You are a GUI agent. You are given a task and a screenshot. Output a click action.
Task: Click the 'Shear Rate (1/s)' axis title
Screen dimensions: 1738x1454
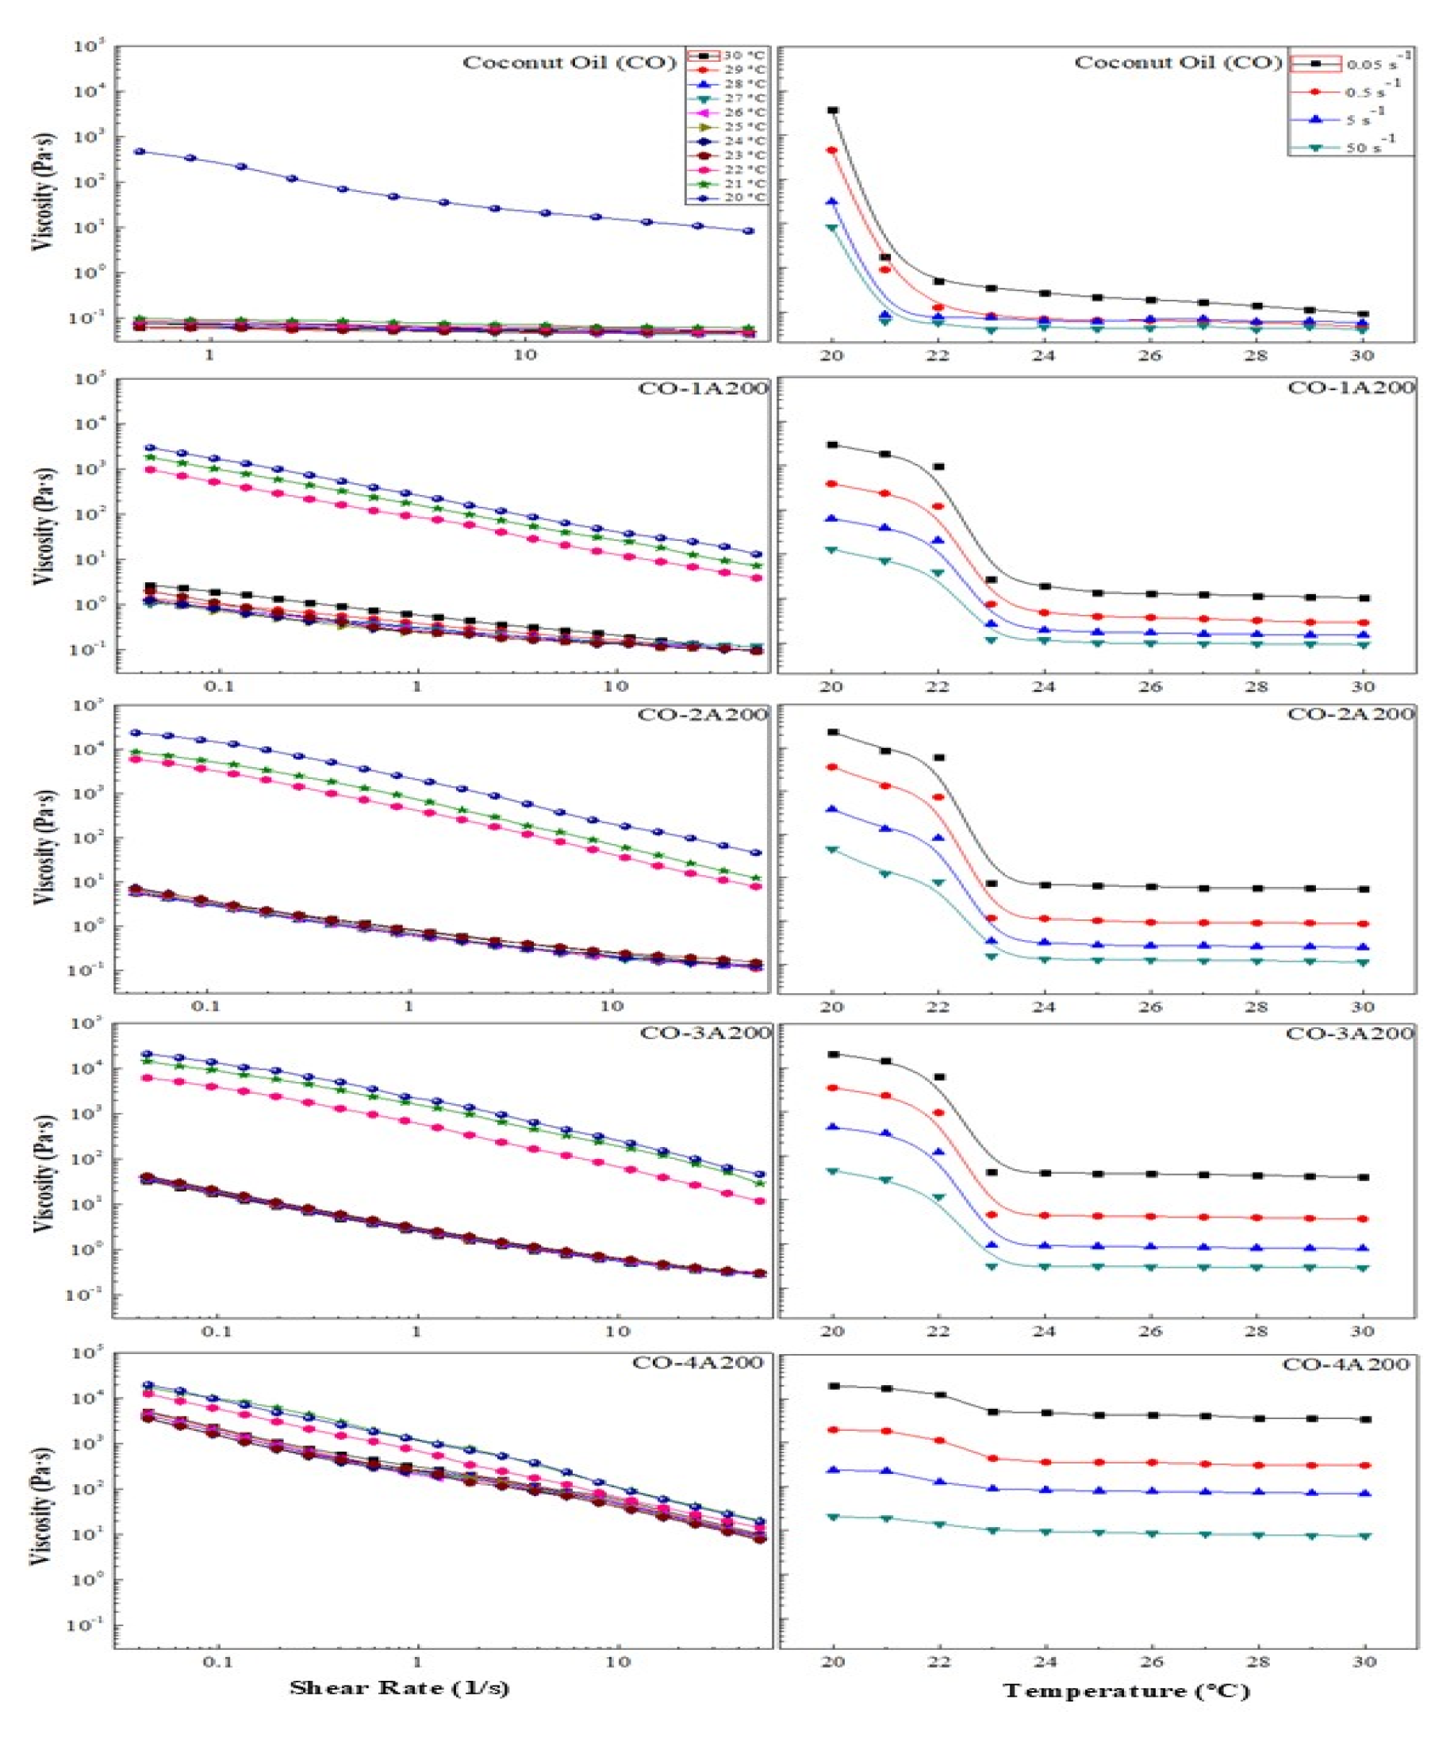[399, 1688]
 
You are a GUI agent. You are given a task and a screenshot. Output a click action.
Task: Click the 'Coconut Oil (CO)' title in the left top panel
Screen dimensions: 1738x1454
[570, 63]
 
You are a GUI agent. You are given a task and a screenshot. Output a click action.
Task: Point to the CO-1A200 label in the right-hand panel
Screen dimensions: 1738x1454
[1351, 387]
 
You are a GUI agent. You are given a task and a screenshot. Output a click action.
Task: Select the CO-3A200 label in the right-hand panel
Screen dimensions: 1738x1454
[1350, 1033]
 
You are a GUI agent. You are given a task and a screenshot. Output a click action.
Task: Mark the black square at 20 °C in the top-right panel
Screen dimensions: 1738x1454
[834, 110]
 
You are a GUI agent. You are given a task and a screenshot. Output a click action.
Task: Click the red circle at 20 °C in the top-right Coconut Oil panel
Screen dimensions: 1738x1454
[833, 151]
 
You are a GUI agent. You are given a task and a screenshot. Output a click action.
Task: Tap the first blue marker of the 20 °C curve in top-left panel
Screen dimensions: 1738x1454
[140, 152]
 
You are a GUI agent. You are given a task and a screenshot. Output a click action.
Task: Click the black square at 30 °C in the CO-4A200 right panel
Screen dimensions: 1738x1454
[1365, 1419]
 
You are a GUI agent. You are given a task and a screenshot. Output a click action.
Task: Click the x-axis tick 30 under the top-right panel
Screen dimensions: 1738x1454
[1363, 356]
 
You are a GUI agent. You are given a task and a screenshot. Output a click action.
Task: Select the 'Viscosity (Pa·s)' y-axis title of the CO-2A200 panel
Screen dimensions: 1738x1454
[46, 846]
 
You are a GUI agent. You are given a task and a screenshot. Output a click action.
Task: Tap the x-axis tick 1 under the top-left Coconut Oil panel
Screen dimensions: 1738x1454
[209, 355]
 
